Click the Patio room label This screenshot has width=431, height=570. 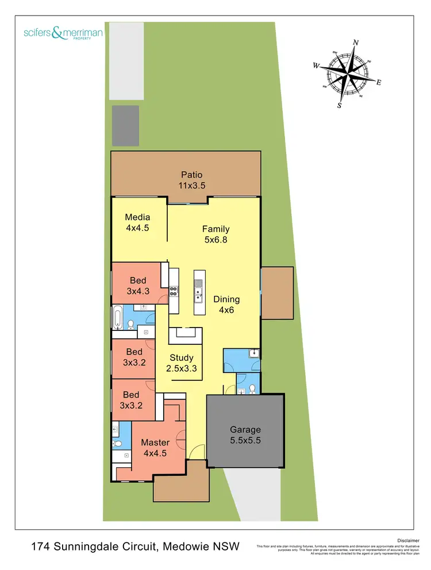(192, 175)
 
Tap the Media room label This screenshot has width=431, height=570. (137, 217)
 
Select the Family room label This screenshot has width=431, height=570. (215, 229)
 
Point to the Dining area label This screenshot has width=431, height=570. (226, 299)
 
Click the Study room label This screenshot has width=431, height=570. (182, 357)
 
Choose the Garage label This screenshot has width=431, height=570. (245, 429)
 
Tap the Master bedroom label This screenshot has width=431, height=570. (155, 442)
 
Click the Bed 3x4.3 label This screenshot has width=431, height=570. (137, 281)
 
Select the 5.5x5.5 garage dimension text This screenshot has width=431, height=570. (245, 440)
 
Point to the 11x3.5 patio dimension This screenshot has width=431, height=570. (192, 186)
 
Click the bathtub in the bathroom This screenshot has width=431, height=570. (117, 317)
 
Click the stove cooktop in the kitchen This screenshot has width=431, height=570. (173, 291)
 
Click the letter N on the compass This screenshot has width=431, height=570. (356, 43)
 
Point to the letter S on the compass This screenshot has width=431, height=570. (340, 106)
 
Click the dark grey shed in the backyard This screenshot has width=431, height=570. (126, 125)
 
